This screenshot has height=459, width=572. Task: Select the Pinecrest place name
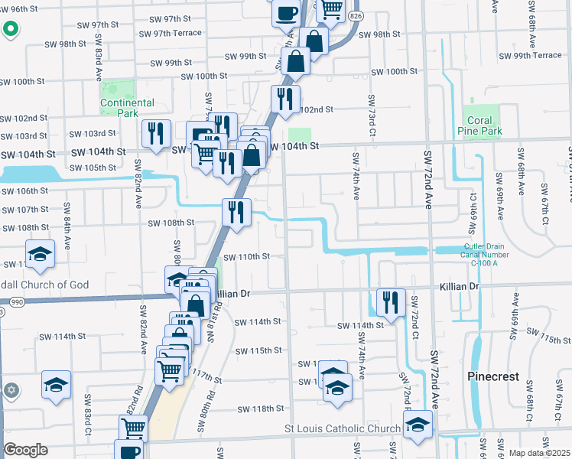[x=493, y=377]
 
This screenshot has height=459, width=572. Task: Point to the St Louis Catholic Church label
[x=343, y=429]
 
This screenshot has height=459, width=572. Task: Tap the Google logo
[x=25, y=449]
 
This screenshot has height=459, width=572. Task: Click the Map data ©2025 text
[x=539, y=453]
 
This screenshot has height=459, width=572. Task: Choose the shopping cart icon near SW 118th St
[x=133, y=428]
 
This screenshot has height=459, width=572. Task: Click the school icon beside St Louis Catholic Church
[x=418, y=425]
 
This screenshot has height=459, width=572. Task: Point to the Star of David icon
[x=11, y=390]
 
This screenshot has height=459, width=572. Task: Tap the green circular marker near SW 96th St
[x=10, y=30]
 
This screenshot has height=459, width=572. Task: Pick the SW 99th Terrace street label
[x=530, y=56]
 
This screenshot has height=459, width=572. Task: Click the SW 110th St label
[x=247, y=256]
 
